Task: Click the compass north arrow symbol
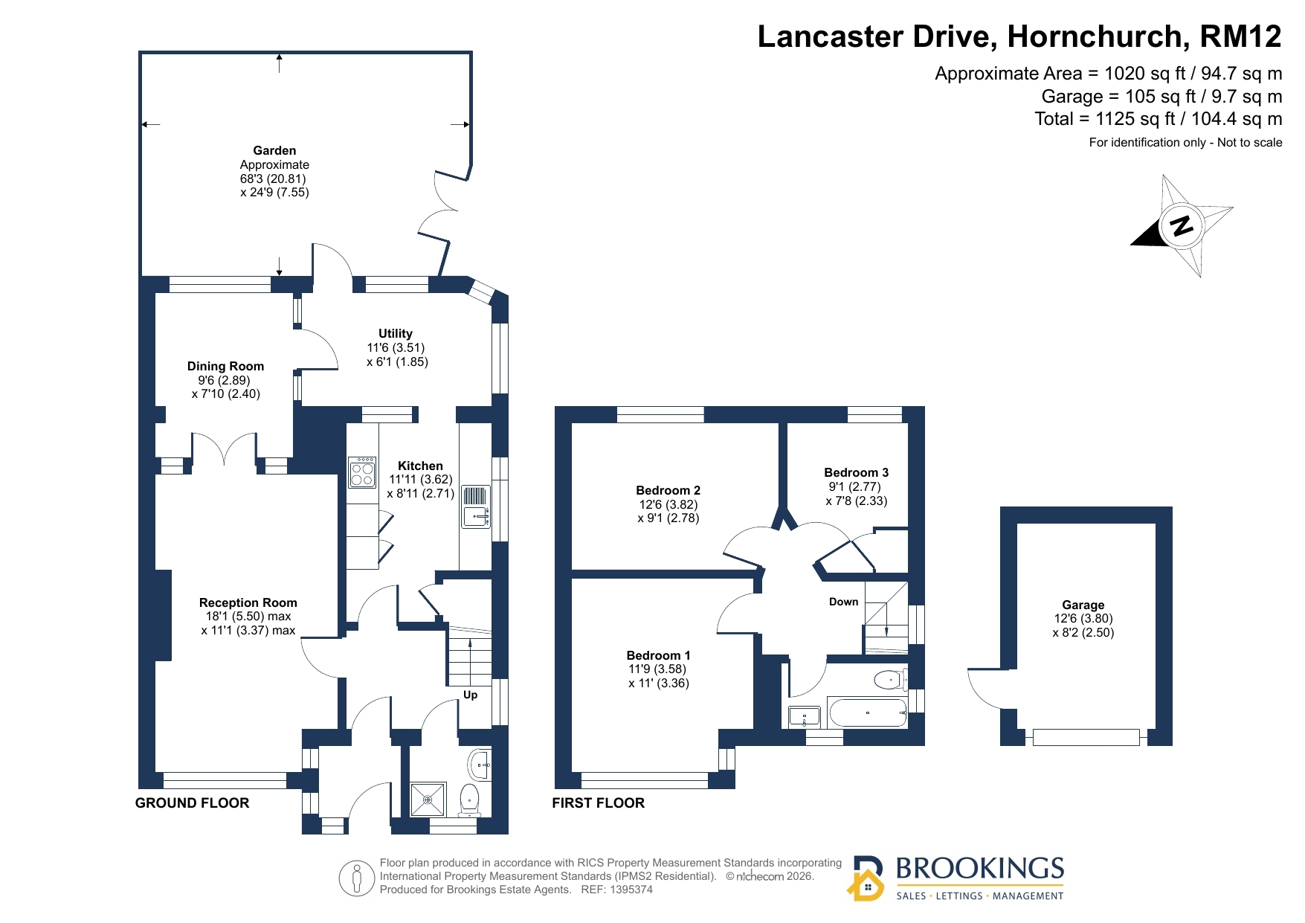pyautogui.click(x=1182, y=225)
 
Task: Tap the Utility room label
pyautogui.click(x=396, y=334)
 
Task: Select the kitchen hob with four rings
pyautogui.click(x=362, y=472)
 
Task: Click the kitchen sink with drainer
pyautogui.click(x=476, y=506)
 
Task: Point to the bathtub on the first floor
pyautogui.click(x=867, y=713)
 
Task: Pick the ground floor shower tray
pyautogui.click(x=428, y=800)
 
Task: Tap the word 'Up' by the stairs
pyautogui.click(x=470, y=695)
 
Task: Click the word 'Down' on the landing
pyautogui.click(x=843, y=602)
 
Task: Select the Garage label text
pyautogui.click(x=1083, y=605)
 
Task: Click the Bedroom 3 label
pyautogui.click(x=856, y=472)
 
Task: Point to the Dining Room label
pyautogui.click(x=225, y=366)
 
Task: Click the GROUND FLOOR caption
pyautogui.click(x=192, y=803)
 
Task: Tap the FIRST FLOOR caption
pyautogui.click(x=598, y=803)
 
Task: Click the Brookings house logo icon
pyautogui.click(x=866, y=878)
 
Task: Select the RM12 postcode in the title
pyautogui.click(x=1240, y=36)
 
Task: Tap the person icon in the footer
pyautogui.click(x=357, y=878)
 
